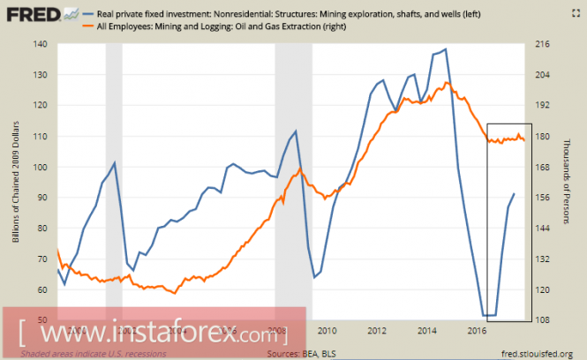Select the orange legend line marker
[x=66, y=27]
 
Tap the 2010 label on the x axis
[x=327, y=331]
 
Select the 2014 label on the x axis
[x=427, y=331]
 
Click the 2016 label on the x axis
[x=477, y=331]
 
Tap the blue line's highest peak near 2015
[x=445, y=49]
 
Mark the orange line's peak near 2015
[x=448, y=82]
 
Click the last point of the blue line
[x=515, y=193]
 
